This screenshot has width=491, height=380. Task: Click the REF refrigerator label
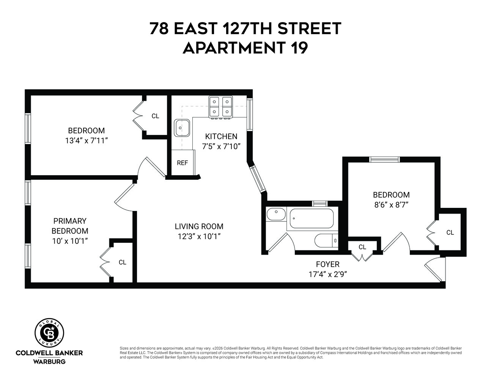[182, 163]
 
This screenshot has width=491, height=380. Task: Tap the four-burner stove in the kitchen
[220, 106]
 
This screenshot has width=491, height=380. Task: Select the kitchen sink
[182, 128]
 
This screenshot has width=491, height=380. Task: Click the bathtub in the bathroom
[312, 219]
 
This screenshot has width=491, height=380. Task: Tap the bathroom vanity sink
[276, 214]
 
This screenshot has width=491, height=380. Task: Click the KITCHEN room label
[221, 136]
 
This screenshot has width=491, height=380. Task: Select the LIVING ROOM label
[199, 226]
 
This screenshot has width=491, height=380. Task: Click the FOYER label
[327, 264]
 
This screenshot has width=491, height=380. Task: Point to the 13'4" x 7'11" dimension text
[87, 141]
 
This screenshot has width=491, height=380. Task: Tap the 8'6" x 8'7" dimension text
[391, 204]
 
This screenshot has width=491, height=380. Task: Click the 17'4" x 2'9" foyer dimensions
[328, 274]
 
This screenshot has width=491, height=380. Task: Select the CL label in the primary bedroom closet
[122, 262]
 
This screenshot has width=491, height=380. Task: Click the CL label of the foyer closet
[362, 247]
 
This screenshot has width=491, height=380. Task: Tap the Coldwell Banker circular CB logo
[49, 332]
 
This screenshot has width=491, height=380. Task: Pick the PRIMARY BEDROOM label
[70, 226]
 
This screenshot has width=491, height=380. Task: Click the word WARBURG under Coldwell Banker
[49, 361]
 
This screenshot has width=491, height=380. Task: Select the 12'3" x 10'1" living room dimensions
[199, 236]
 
